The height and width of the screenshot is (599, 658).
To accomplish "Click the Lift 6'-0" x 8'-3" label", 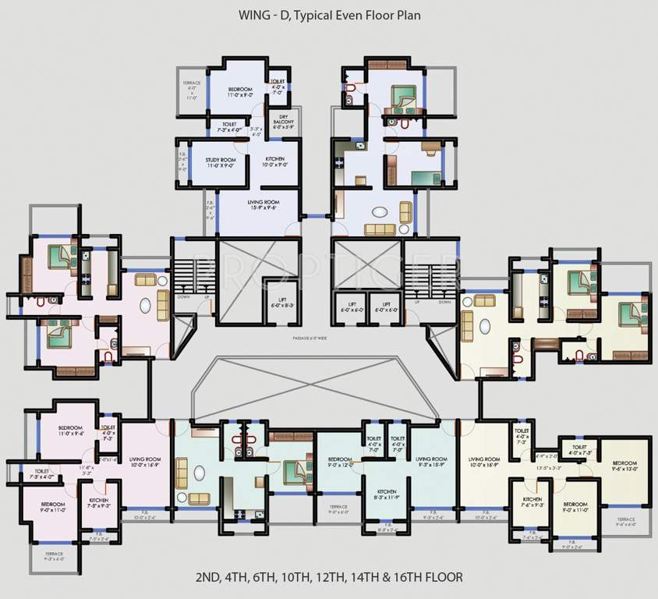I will pos(282,304).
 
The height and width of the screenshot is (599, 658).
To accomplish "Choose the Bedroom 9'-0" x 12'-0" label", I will pos(340,462).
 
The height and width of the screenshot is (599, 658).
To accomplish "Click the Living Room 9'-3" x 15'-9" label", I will pos(430,462).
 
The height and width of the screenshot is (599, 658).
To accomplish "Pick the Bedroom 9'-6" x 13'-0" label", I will pos(624,466).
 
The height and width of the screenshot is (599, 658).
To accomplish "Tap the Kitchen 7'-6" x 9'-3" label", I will pos(532,502).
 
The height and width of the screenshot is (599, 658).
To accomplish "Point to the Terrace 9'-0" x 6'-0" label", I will pos(339,509).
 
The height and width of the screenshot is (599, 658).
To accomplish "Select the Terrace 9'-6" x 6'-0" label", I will pos(626,522).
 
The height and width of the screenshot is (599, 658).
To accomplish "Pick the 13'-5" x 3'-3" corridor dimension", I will pos(549,468).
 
